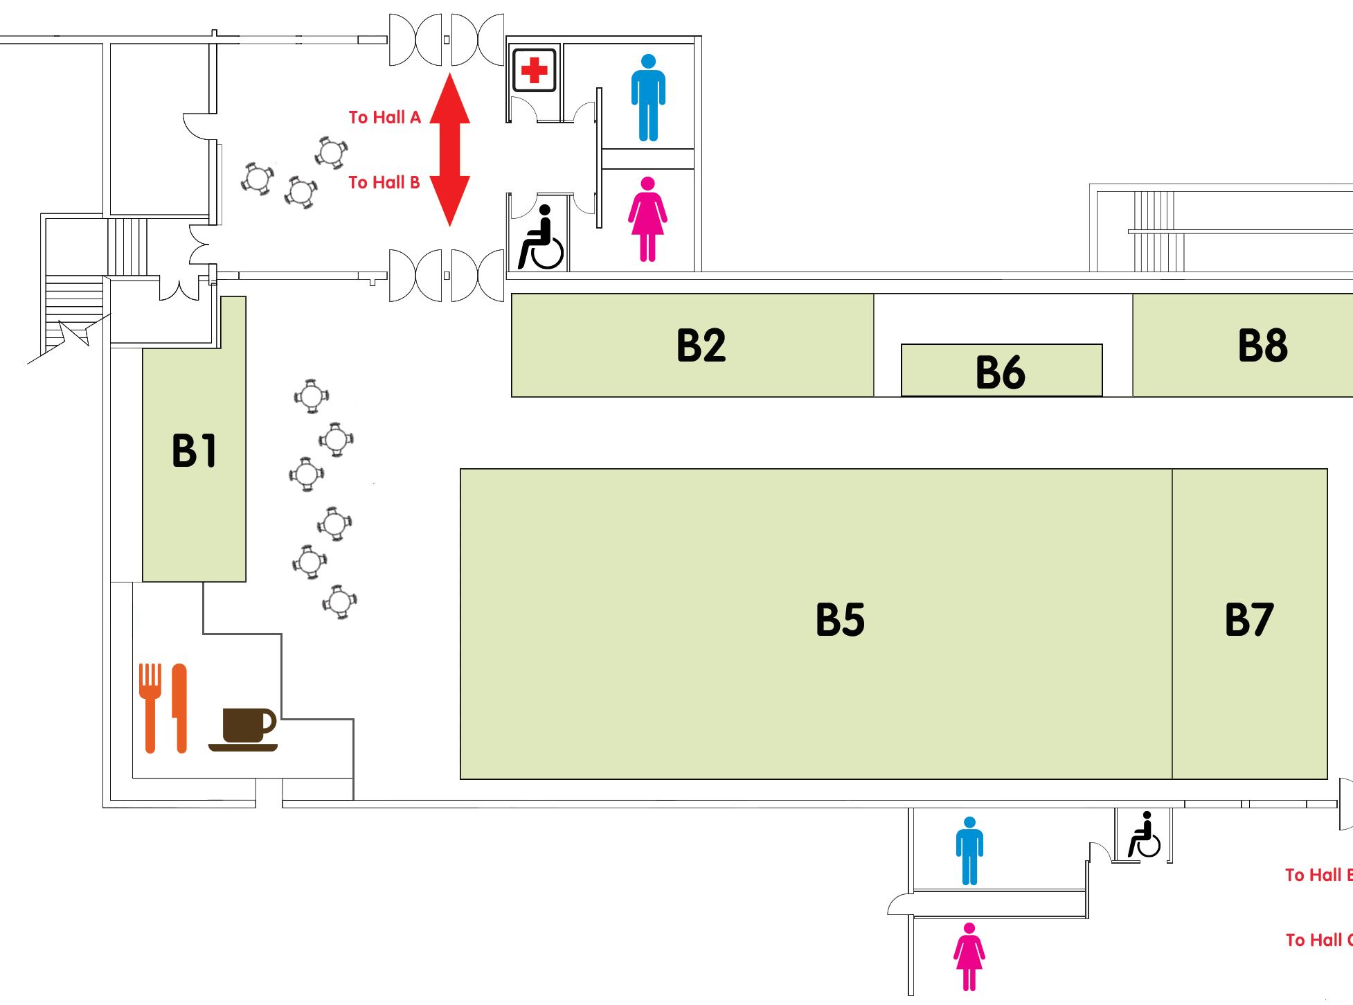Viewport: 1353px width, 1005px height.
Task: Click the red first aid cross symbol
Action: pyautogui.click(x=534, y=70)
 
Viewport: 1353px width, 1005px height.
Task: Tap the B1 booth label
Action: pyautogui.click(x=194, y=451)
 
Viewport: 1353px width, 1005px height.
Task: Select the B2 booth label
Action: pyautogui.click(x=701, y=345)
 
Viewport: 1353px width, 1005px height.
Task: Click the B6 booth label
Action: pyautogui.click(x=1000, y=372)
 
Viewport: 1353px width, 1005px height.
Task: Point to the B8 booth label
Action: pyautogui.click(x=1262, y=345)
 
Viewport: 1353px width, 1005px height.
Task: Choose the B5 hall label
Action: pyautogui.click(x=840, y=619)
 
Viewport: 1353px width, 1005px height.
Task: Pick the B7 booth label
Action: pyautogui.click(x=1248, y=619)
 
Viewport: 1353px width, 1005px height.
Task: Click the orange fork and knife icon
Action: pyautogui.click(x=163, y=708)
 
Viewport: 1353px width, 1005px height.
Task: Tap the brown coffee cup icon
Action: pyautogui.click(x=244, y=729)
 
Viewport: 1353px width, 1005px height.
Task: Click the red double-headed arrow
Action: pyautogui.click(x=450, y=150)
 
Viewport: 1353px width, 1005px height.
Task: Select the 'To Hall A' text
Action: pyautogui.click(x=384, y=117)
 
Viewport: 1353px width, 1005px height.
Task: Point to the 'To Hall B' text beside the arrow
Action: pyautogui.click(x=384, y=182)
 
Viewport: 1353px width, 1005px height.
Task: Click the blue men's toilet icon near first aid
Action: pyautogui.click(x=648, y=98)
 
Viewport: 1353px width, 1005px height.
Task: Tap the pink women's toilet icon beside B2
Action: pyautogui.click(x=647, y=219)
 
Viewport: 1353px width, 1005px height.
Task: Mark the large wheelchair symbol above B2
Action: pyautogui.click(x=541, y=237)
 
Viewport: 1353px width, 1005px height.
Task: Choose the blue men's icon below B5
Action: pyautogui.click(x=969, y=851)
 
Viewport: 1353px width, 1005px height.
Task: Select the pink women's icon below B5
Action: pyautogui.click(x=969, y=957)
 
